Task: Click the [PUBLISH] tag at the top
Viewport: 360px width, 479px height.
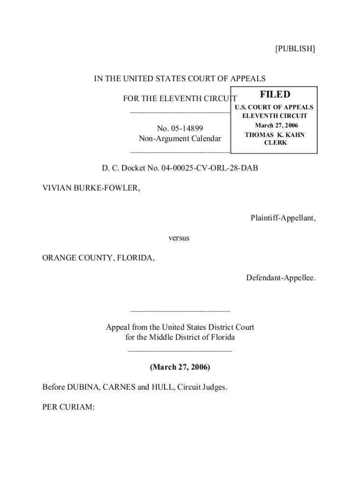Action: [295, 49]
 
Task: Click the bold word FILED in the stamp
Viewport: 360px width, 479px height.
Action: [275, 95]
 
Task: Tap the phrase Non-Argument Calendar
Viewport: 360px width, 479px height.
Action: [180, 138]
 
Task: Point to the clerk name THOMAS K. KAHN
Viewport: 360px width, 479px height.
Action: [275, 135]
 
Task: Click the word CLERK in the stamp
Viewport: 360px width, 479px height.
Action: [275, 143]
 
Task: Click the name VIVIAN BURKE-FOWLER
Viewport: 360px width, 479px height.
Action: [91, 188]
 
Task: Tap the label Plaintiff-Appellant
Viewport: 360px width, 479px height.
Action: [283, 218]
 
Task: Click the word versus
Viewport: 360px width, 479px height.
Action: [179, 238]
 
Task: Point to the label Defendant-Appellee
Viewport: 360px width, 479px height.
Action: [281, 278]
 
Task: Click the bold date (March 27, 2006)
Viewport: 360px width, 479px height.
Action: [180, 367]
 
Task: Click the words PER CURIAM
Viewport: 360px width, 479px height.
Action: [69, 407]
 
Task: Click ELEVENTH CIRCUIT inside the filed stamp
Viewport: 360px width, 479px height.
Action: [274, 116]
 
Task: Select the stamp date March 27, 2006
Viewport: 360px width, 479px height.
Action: [276, 125]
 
